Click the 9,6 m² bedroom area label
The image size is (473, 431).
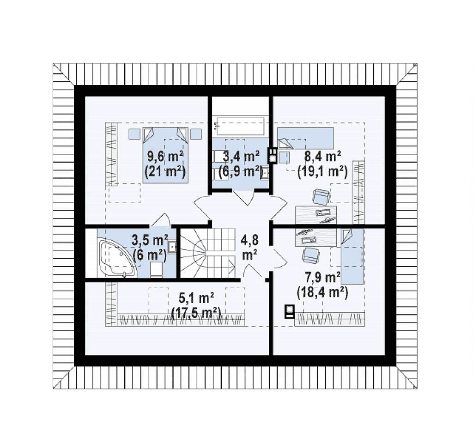click(165, 157)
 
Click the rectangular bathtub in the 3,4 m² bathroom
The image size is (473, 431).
click(240, 127)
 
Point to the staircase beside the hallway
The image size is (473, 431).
click(208, 253)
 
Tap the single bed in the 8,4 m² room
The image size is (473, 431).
click(306, 138)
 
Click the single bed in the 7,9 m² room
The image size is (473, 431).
click(352, 256)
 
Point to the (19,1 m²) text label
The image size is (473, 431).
click(322, 172)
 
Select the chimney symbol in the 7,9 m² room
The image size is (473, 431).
click(290, 311)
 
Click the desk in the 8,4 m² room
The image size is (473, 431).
click(316, 215)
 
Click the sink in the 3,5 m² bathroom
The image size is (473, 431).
click(172, 247)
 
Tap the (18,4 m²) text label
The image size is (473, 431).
click(322, 292)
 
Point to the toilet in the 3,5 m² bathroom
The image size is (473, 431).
click(156, 269)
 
